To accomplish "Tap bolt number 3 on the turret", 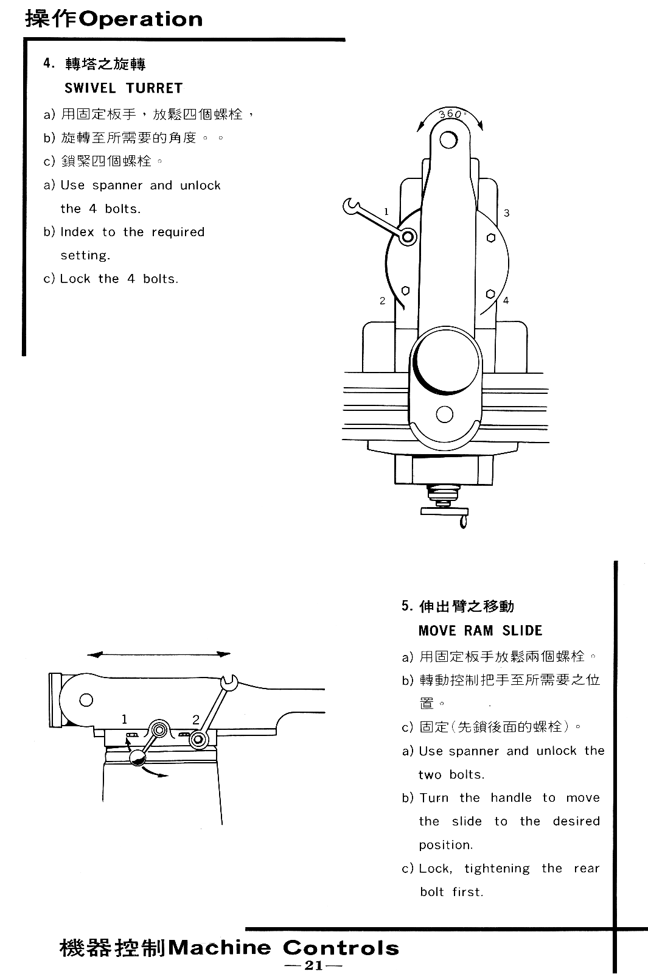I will coord(491,238).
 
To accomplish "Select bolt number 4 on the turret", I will coord(490,294).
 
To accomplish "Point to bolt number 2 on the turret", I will coord(405,291).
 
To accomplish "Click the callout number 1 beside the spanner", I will coord(386,211).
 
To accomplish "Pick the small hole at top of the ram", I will coord(448,140).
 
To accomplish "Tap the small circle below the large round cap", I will coord(445,415).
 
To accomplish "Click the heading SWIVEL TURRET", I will coord(124,88).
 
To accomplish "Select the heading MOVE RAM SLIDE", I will coord(480,631).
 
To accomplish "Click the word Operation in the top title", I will coord(141,19).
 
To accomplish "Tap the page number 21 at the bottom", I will coord(313,965).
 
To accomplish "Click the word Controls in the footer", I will coord(341,948).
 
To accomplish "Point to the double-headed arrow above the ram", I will coord(159,654).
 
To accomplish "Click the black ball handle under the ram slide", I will coord(138,757).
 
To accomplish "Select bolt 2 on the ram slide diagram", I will coord(197,740).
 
